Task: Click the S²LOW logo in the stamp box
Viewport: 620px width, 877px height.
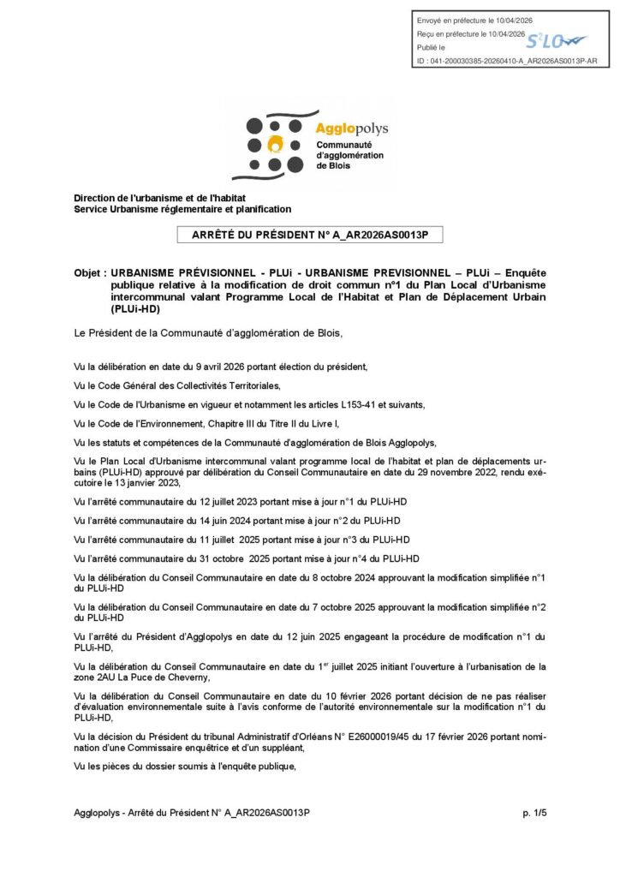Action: tap(556, 40)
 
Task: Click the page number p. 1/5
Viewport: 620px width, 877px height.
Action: tap(534, 812)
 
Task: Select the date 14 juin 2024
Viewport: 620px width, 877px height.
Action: tap(189, 521)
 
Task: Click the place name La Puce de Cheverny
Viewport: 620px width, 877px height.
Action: tap(162, 677)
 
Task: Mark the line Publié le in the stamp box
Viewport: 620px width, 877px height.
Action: tap(431, 47)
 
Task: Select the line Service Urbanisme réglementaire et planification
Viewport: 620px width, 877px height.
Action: tap(182, 209)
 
